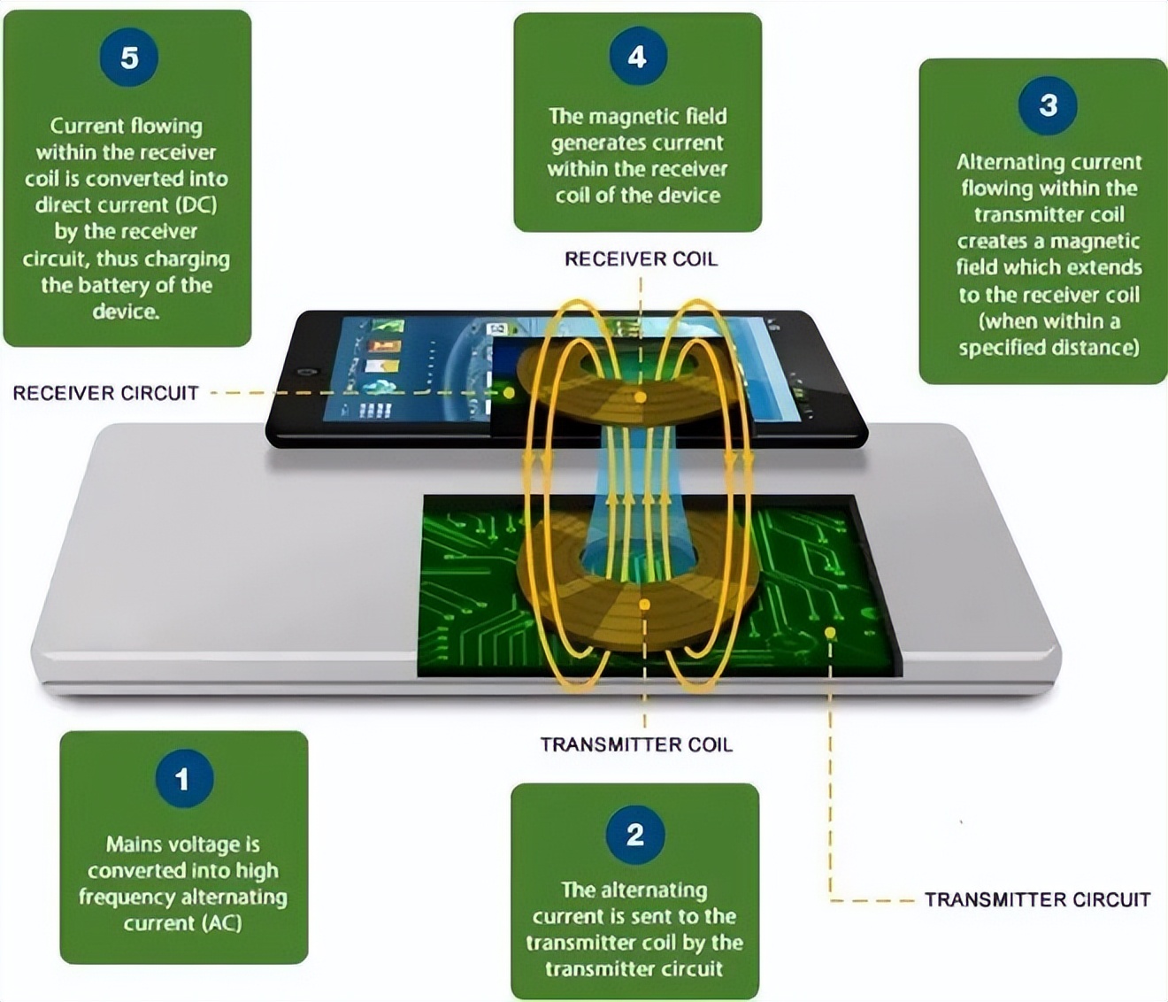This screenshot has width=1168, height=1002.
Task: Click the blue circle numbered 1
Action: click(x=183, y=779)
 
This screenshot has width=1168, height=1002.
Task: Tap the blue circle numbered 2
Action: click(x=635, y=835)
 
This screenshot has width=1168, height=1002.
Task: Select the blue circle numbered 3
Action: click(x=1048, y=105)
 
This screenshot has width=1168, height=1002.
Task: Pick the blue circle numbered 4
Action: click(x=637, y=58)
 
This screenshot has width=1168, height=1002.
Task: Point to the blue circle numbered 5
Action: click(x=129, y=58)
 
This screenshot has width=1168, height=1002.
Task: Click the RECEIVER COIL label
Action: click(x=641, y=259)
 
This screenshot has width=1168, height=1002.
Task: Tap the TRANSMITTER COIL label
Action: click(x=636, y=745)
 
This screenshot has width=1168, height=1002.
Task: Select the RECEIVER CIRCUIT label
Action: click(x=105, y=393)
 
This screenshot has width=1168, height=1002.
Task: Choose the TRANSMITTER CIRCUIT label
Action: click(x=1037, y=900)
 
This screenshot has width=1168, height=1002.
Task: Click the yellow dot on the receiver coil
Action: click(x=639, y=397)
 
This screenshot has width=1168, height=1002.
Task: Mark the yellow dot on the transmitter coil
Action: click(x=644, y=605)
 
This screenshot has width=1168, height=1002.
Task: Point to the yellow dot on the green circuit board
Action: click(x=829, y=632)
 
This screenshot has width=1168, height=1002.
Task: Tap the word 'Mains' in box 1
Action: click(x=134, y=844)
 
